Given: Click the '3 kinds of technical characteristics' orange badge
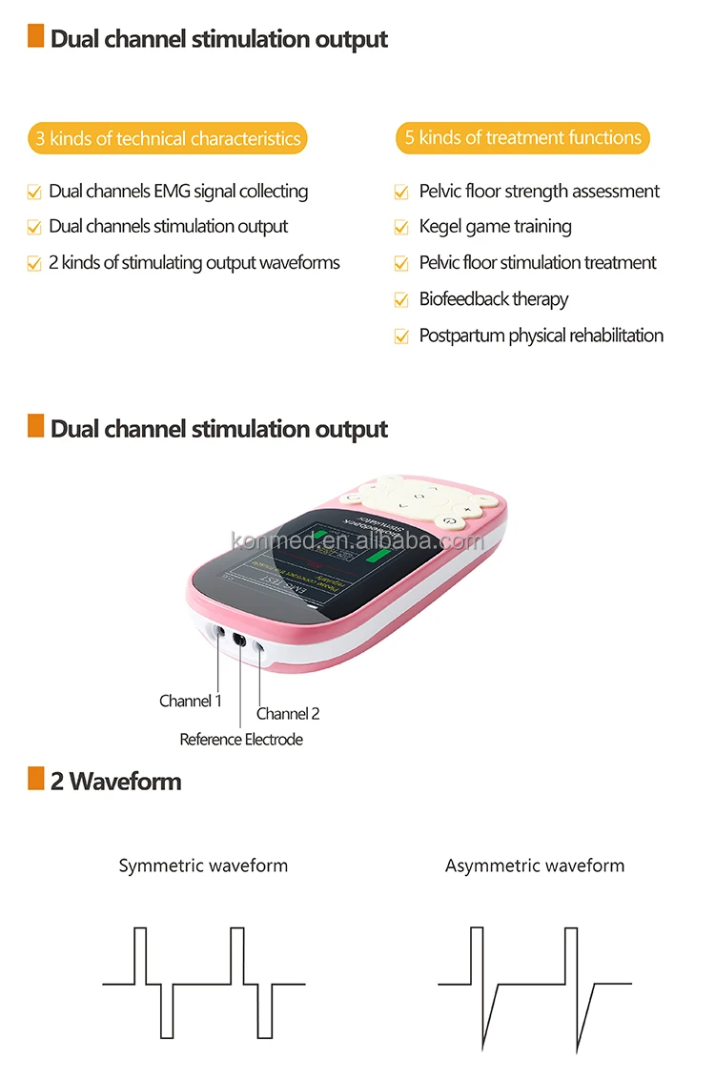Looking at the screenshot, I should pos(168,138).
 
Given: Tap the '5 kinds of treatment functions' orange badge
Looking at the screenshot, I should pos(522,137).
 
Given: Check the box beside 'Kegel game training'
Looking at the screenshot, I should pos(401,228).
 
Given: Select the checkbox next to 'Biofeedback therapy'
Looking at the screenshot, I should pos(401,300).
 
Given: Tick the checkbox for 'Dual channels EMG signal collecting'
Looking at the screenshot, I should pos(34,193).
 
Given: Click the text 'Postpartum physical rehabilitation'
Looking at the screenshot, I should pos(541,336).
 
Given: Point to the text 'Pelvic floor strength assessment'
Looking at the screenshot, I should pos(539,191).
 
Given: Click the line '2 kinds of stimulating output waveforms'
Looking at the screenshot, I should pos(194,262).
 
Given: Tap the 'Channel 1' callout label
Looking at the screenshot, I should pos(190,701).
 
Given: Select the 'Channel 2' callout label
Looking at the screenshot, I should pos(288,713).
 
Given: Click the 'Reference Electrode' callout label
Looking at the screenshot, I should pos(241,739).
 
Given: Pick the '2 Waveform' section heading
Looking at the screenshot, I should pos(115,782).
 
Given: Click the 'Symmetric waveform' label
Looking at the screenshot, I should pos(203,865).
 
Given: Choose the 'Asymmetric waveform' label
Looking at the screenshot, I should pos(535,865).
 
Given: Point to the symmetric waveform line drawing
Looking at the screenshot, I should pos(204,982).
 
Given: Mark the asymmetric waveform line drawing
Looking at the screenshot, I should pos(534,982).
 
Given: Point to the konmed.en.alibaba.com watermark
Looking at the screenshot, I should pos(357,541).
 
